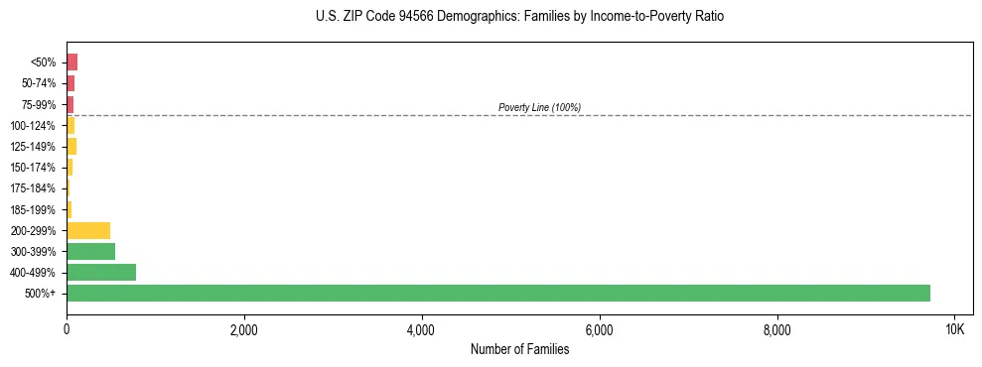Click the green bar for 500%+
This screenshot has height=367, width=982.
pyautogui.click(x=497, y=293)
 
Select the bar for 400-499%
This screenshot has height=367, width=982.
pyautogui.click(x=101, y=272)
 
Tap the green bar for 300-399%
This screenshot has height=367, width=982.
pyautogui.click(x=90, y=251)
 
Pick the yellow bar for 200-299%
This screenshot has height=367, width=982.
pyautogui.click(x=88, y=230)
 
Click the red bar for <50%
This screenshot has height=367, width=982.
pyautogui.click(x=71, y=62)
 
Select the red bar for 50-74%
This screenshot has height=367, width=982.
pyautogui.click(x=70, y=83)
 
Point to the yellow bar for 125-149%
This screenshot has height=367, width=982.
pyautogui.click(x=71, y=146)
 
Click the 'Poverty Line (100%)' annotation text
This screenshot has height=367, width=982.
pyautogui.click(x=539, y=107)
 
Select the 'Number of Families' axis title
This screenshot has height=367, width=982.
pyautogui.click(x=519, y=349)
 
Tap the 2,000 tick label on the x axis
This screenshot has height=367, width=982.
pyautogui.click(x=244, y=329)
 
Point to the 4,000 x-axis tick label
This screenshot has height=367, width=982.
pyautogui.click(x=422, y=329)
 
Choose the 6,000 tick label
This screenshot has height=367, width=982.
pyautogui.click(x=600, y=329)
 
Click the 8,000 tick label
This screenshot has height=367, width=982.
pyautogui.click(x=777, y=329)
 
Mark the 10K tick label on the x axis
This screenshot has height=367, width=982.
pyautogui.click(x=954, y=329)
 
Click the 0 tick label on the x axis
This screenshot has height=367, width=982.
pyautogui.click(x=67, y=329)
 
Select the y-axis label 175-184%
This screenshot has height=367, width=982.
pyautogui.click(x=33, y=188)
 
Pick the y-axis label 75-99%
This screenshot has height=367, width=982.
pyautogui.click(x=38, y=104)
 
